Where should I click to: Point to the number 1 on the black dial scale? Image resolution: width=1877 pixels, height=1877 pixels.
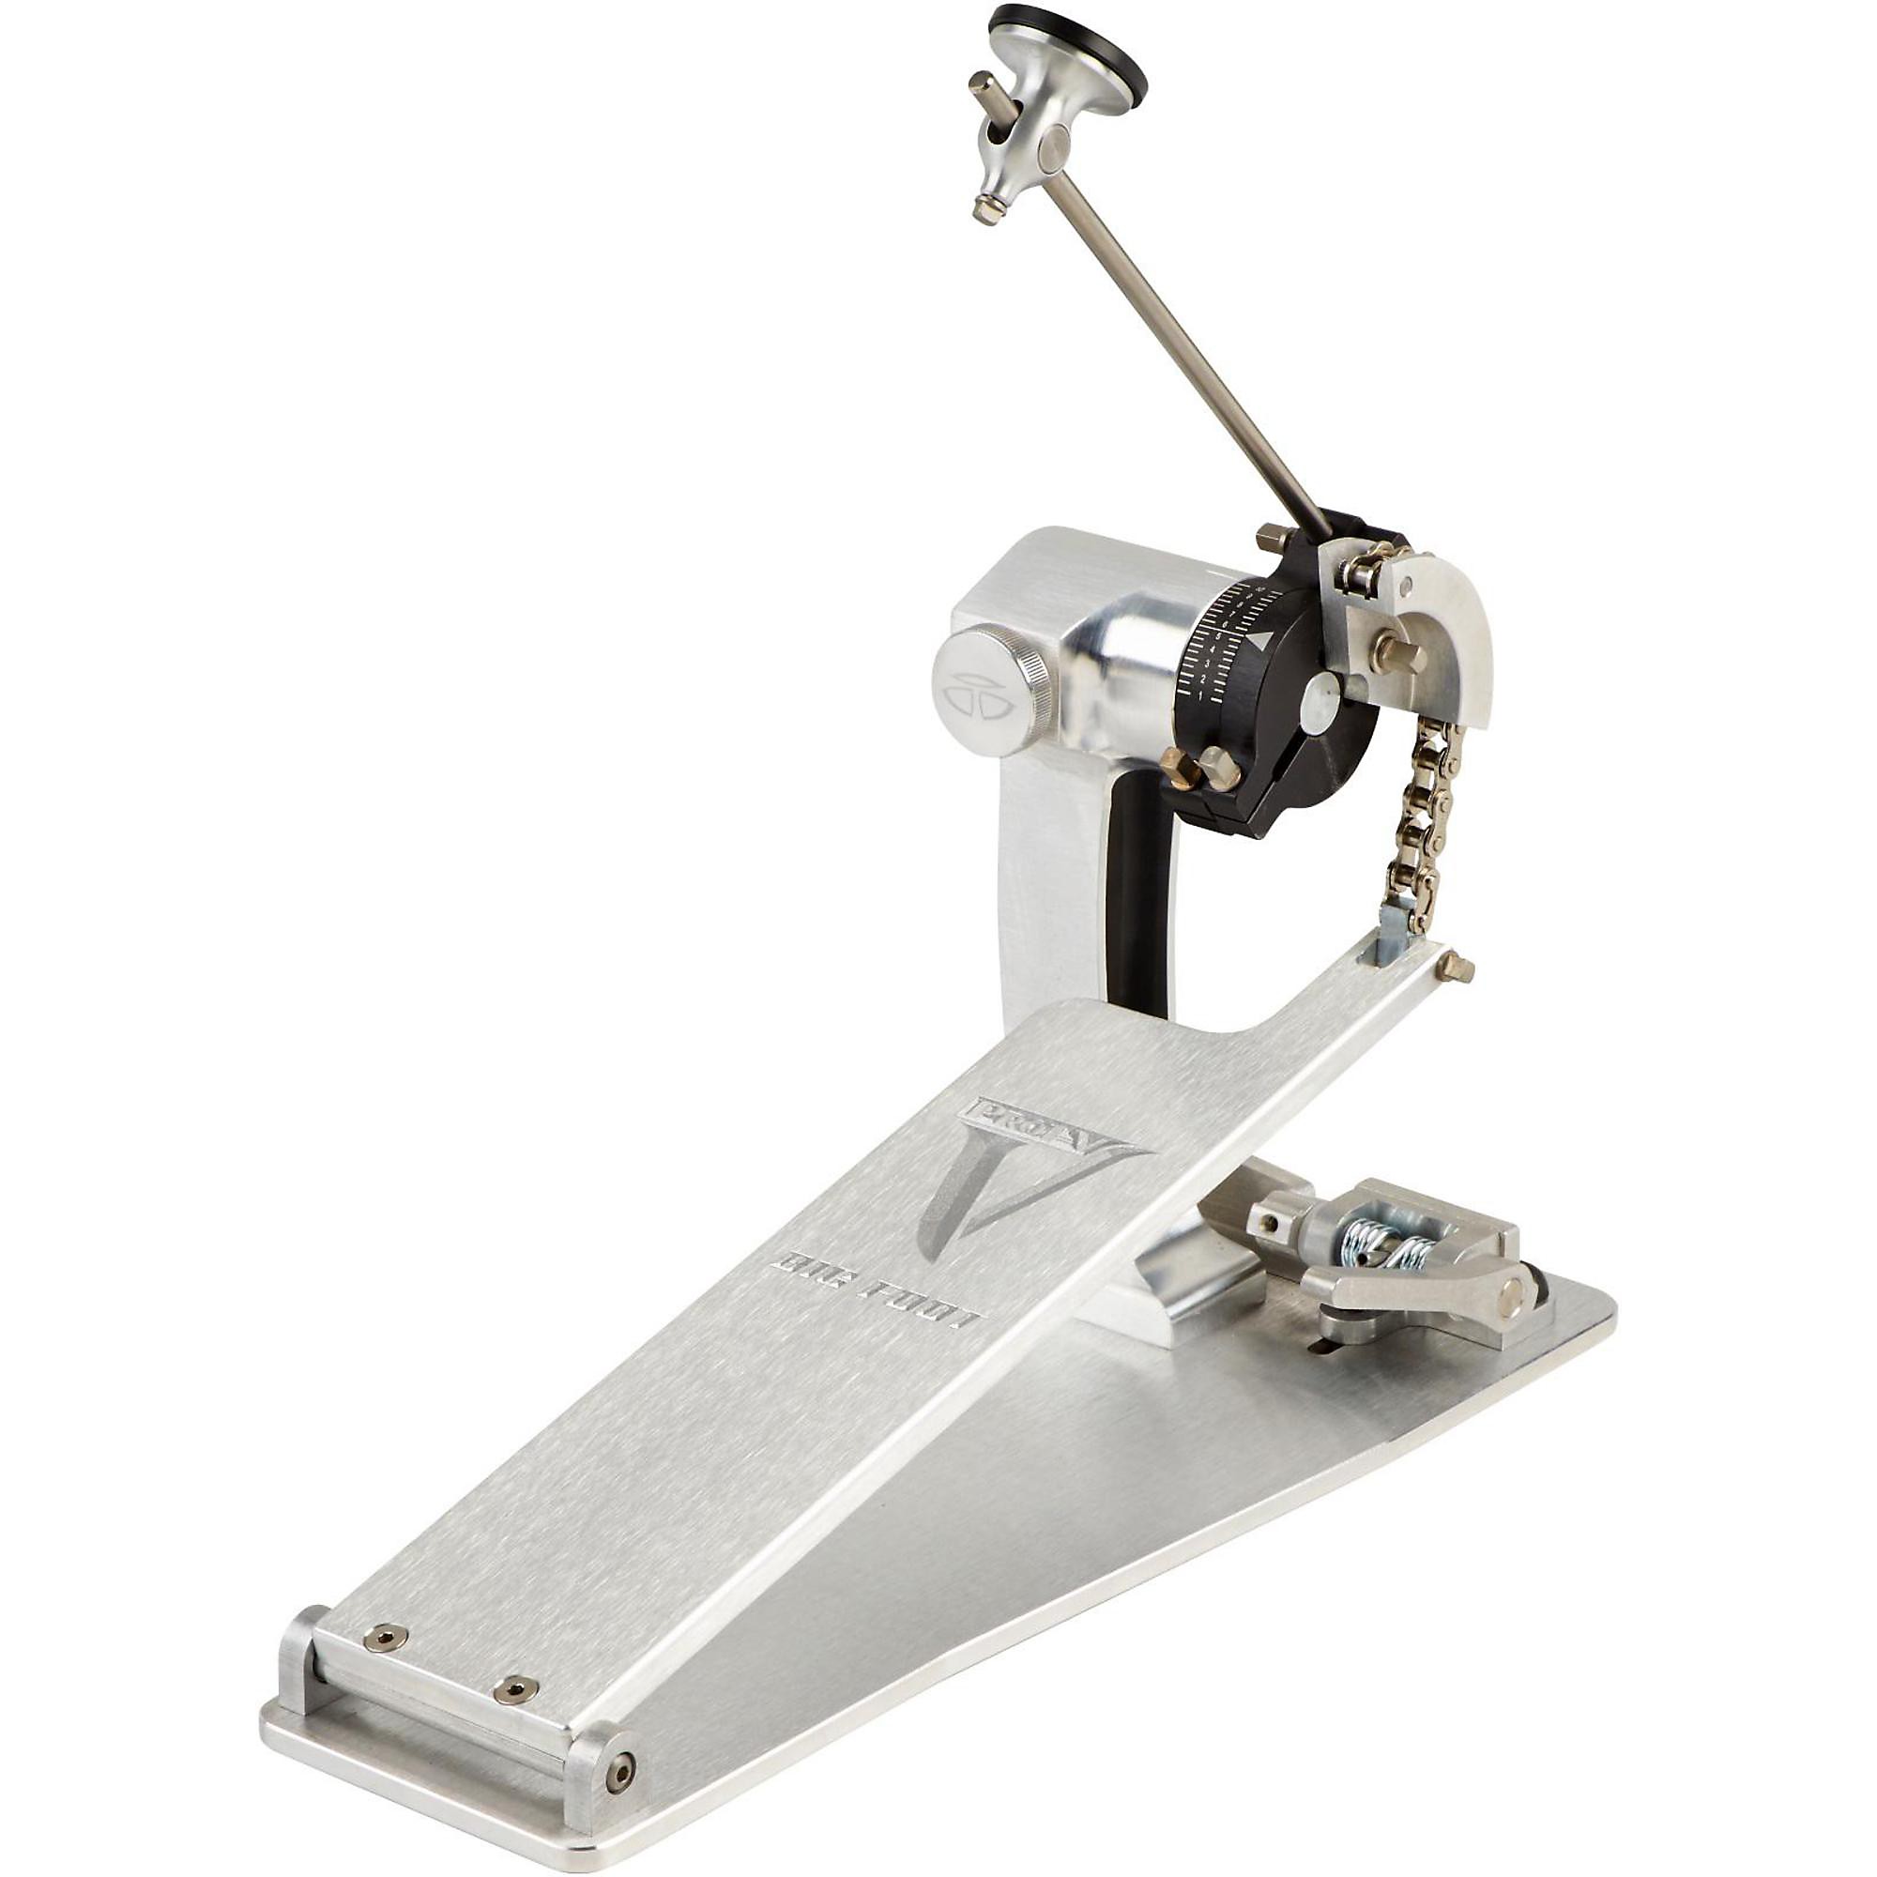[x=1201, y=695]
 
